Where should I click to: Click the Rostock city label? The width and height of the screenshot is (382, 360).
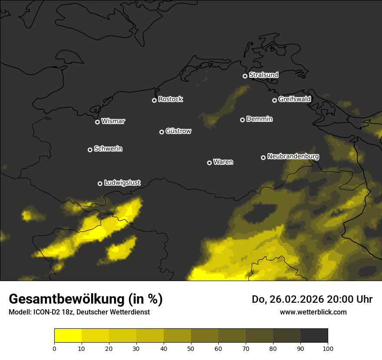pyautogui.click(x=170, y=99)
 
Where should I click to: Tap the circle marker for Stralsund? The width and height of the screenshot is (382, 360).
pyautogui.click(x=245, y=76)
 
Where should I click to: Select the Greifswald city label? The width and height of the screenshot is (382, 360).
pyautogui.click(x=294, y=99)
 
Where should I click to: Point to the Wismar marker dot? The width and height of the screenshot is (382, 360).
pyautogui.click(x=97, y=122)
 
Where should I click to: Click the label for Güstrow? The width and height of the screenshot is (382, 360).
pyautogui.click(x=178, y=131)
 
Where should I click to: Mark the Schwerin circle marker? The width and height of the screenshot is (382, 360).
pyautogui.click(x=90, y=150)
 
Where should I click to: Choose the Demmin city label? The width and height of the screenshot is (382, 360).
pyautogui.click(x=259, y=119)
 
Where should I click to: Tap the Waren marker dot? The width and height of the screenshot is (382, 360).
pyautogui.click(x=209, y=163)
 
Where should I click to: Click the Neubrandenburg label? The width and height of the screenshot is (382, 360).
pyautogui.click(x=293, y=157)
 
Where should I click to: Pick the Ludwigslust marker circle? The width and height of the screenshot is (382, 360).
pyautogui.click(x=100, y=183)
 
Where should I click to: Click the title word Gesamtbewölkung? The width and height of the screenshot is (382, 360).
pyautogui.click(x=67, y=299)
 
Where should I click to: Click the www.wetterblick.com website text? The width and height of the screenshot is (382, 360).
pyautogui.click(x=313, y=312)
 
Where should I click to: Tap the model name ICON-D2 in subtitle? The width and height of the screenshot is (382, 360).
pyautogui.click(x=45, y=312)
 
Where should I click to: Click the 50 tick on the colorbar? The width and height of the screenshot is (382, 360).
pyautogui.click(x=191, y=348)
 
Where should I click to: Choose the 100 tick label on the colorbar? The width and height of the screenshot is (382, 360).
pyautogui.click(x=328, y=348)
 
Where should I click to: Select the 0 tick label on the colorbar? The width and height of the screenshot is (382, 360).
pyautogui.click(x=54, y=348)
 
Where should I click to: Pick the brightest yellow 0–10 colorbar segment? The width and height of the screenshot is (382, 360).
pyautogui.click(x=68, y=336)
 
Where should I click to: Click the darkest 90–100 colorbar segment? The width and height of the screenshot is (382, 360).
pyautogui.click(x=314, y=336)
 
